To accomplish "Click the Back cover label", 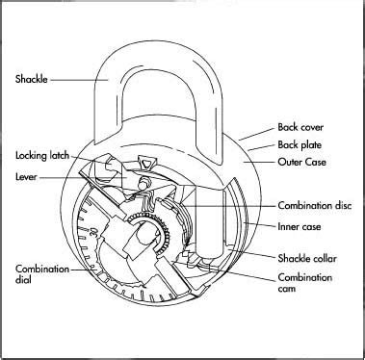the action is (300, 126).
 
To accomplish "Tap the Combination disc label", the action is (307, 204).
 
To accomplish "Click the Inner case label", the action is (298, 227).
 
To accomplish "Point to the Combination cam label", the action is (305, 284).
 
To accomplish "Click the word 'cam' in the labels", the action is (288, 291).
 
